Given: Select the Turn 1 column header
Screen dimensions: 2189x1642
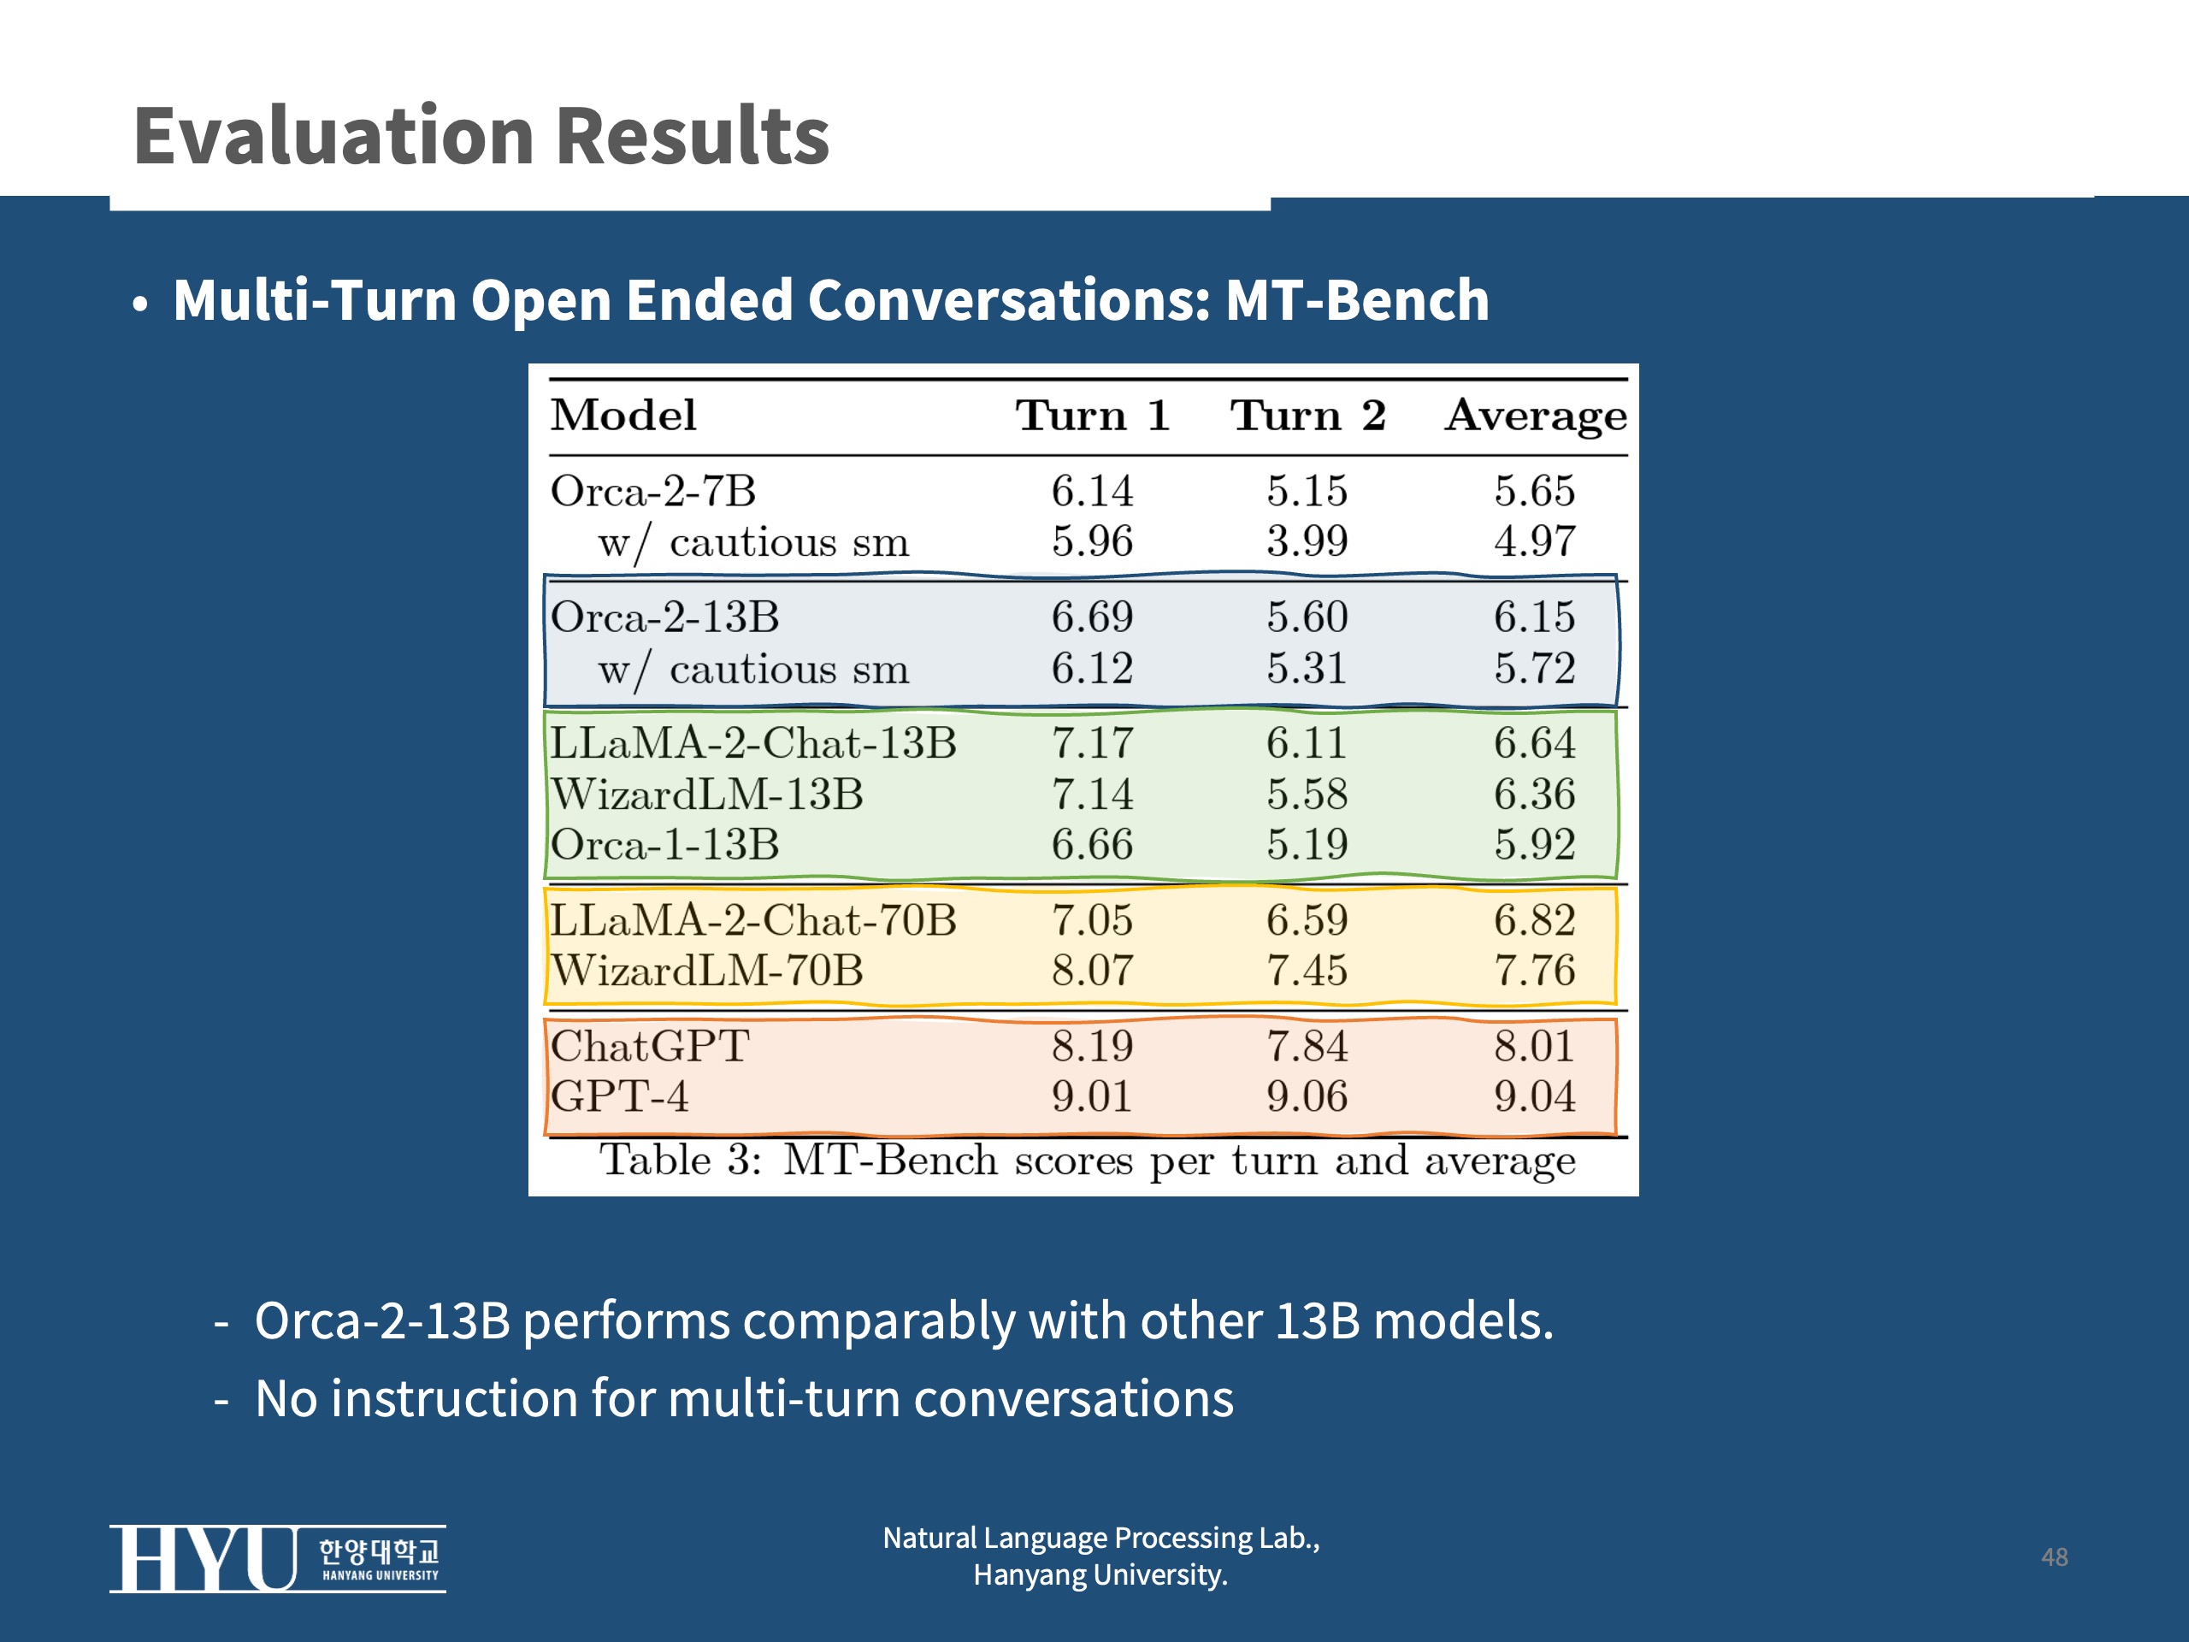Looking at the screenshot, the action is coord(1093,415).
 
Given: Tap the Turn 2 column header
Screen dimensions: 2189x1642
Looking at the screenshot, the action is coord(1307,415).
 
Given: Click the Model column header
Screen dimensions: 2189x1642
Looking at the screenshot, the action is coord(623,415).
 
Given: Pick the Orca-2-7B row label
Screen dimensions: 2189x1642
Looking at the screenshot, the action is coord(653,491).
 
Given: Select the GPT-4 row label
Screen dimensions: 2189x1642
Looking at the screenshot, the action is coord(619,1096).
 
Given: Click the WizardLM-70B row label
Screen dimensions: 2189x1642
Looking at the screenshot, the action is coord(706,970).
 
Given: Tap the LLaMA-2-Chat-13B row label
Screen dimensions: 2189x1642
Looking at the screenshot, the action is coord(753,742).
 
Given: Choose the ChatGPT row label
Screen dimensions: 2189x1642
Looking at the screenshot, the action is coord(650,1046).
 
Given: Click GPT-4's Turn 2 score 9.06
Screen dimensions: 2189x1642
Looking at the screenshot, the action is coord(1307,1096).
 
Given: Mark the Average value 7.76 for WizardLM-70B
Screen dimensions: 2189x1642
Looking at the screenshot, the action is coord(1535,970).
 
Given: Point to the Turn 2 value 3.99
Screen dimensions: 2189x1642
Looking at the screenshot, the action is coord(1307,541).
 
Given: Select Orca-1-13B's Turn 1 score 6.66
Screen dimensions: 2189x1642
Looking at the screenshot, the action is coord(1093,844).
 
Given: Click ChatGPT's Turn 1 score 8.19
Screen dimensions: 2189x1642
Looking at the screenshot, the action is coord(1093,1046).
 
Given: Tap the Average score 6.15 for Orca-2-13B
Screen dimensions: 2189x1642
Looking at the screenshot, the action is coord(1535,617).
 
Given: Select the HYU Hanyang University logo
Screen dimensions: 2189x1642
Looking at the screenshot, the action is coord(277,1558).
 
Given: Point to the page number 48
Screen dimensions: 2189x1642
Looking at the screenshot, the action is coord(2055,1556).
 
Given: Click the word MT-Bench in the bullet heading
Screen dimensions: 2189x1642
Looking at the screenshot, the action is coord(1357,300).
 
